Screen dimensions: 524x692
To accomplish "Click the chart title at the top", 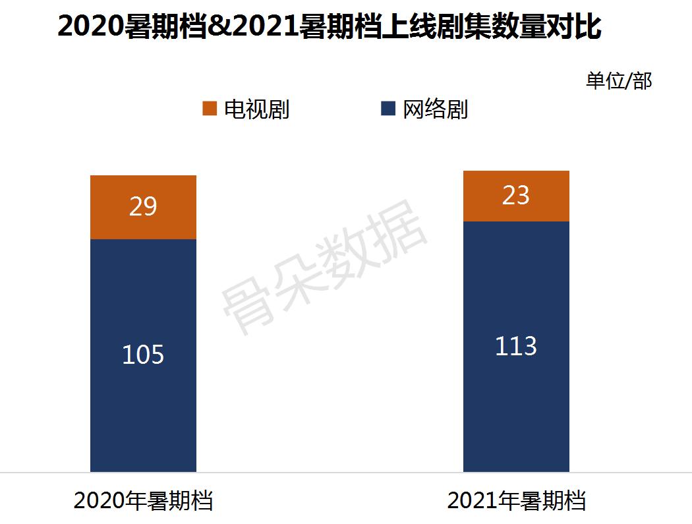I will click(x=330, y=27).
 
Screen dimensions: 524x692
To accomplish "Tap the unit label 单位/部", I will click(x=618, y=80).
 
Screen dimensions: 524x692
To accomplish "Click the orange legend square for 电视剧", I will click(x=210, y=109).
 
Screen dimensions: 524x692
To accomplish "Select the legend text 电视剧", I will click(x=256, y=109).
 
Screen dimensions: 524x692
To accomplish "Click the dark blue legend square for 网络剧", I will click(x=388, y=109).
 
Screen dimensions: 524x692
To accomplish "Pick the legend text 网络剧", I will click(x=435, y=109).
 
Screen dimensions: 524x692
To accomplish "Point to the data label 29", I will click(x=143, y=207).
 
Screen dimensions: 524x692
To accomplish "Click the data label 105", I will click(x=143, y=355).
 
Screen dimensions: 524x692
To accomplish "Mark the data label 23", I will click(x=516, y=196).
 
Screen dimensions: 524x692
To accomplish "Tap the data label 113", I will click(x=516, y=346).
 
